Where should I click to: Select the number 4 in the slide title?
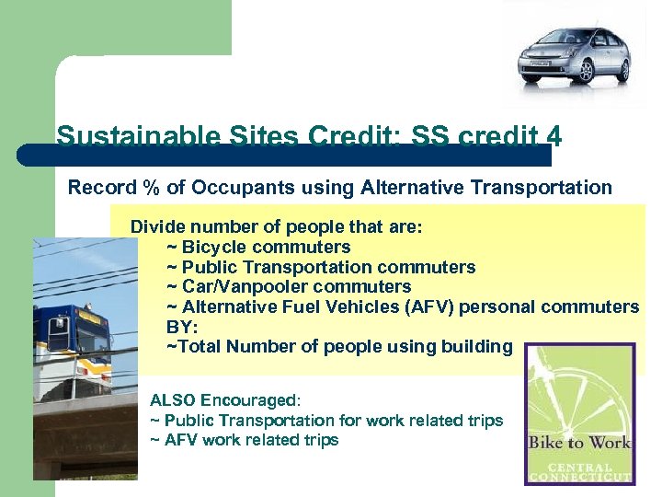tap(553, 137)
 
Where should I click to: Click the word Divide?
tap(157, 226)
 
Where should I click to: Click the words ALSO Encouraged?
tap(225, 400)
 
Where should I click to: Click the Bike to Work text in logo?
tap(579, 443)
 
